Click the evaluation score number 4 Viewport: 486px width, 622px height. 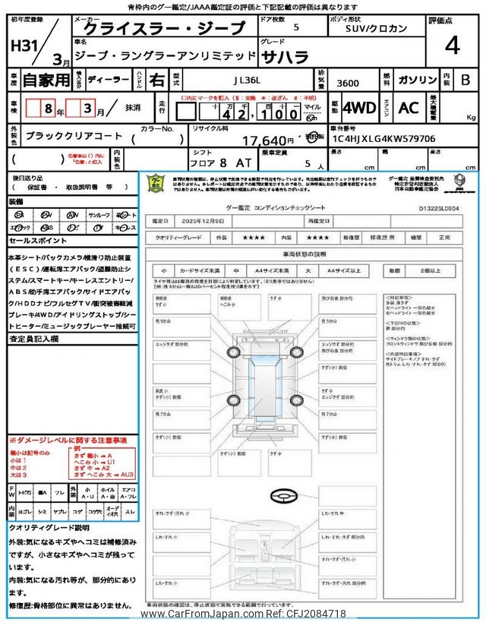[x=452, y=47]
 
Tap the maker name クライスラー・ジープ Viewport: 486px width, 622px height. [x=164, y=29]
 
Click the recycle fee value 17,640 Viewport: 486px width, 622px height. [x=267, y=140]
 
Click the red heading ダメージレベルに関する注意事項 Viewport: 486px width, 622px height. [x=68, y=440]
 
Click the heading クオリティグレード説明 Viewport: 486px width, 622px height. [x=49, y=527]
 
